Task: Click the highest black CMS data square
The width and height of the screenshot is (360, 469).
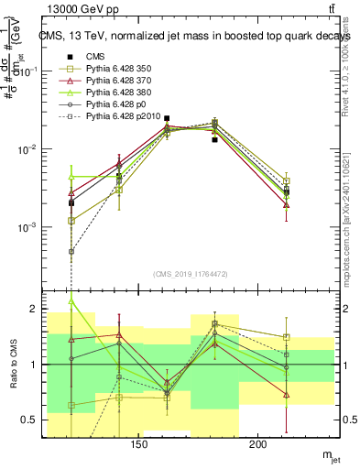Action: tap(167, 118)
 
